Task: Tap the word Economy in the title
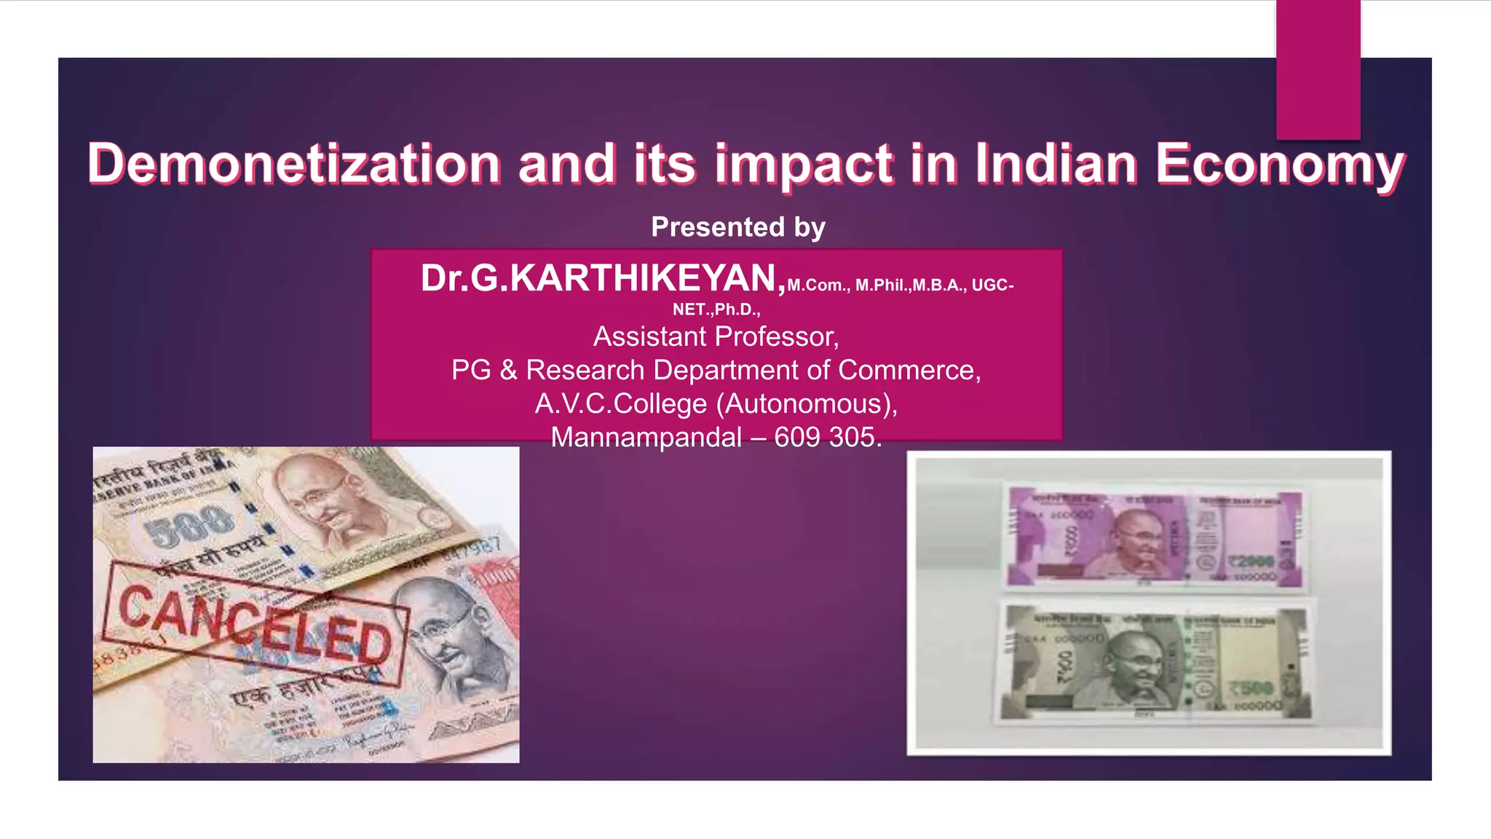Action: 1279,165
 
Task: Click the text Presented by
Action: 737,227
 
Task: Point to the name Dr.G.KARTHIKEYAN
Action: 603,278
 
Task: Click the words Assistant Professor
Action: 716,336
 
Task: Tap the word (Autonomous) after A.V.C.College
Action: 807,403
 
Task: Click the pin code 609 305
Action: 828,437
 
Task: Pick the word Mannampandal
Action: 646,437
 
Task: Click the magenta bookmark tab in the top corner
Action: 1318,70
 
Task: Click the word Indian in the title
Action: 1056,163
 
